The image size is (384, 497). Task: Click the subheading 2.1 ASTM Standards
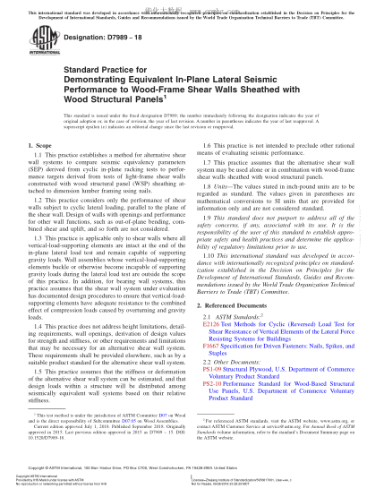(x=238, y=317)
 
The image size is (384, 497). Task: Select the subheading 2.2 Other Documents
(x=238, y=359)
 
